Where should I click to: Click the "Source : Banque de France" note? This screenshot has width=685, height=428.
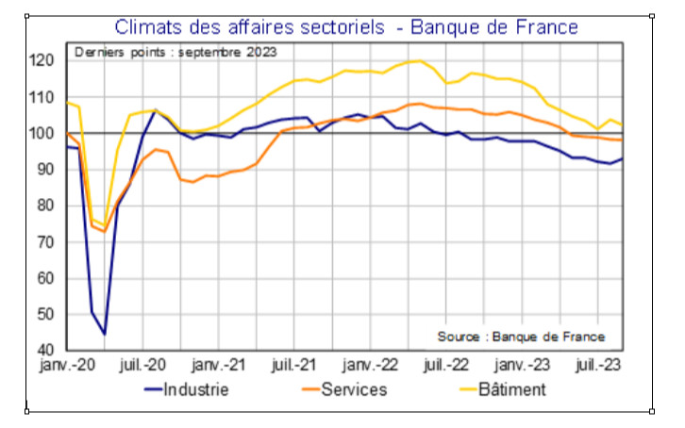(x=521, y=337)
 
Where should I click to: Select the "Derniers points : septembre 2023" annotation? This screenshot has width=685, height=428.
(x=175, y=52)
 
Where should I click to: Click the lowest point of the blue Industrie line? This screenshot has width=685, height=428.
(x=105, y=334)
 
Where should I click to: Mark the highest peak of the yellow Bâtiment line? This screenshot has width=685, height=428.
(x=418, y=60)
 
